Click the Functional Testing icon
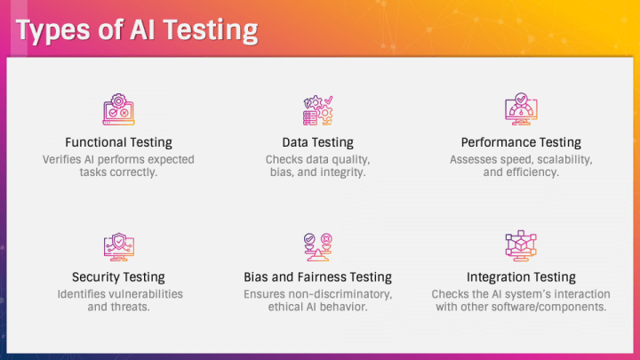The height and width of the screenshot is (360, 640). click(118, 109)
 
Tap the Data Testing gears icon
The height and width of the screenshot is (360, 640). click(318, 110)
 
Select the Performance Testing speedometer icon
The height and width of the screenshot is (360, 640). click(521, 109)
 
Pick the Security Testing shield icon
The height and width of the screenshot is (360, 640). click(119, 247)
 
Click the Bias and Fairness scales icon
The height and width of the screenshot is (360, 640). click(318, 247)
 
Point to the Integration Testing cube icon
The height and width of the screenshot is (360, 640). click(521, 245)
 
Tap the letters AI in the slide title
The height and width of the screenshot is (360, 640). click(142, 29)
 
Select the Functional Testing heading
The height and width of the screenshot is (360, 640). click(118, 142)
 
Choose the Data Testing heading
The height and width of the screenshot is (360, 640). click(318, 142)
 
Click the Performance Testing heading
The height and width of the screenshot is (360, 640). click(521, 142)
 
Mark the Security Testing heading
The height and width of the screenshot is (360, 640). click(118, 277)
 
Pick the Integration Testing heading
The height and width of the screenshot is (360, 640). click(521, 277)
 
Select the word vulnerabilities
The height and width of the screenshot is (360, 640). click(146, 294)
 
